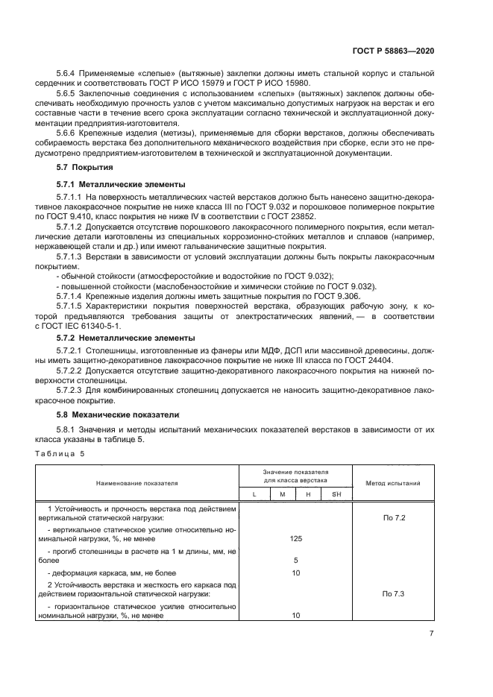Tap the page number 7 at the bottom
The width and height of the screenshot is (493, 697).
(431, 634)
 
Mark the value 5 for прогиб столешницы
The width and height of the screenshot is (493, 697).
(295, 559)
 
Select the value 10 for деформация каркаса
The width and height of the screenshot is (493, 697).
(295, 573)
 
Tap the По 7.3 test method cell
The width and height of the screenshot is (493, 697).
(394, 593)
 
